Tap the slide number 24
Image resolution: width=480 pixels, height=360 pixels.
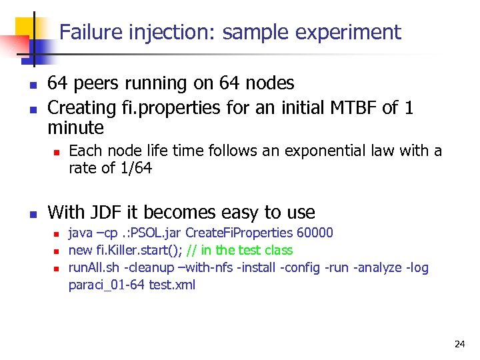tap(459, 344)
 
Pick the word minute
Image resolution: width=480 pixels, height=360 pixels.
tap(76, 127)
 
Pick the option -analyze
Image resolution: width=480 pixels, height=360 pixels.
tap(375, 268)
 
